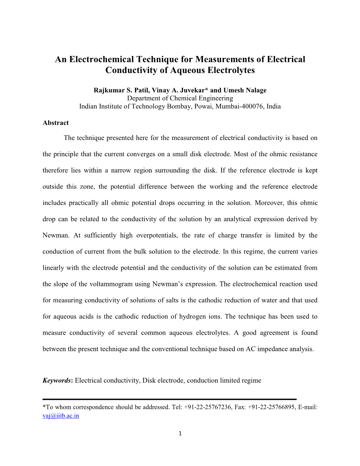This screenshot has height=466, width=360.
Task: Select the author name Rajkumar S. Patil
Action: (x=119, y=90)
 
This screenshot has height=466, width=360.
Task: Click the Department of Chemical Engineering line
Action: (x=180, y=98)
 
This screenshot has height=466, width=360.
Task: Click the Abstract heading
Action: (x=56, y=123)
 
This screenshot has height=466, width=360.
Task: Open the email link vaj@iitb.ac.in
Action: (x=61, y=416)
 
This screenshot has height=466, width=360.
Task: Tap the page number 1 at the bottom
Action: (x=180, y=433)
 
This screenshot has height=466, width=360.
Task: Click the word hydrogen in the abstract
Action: (x=189, y=317)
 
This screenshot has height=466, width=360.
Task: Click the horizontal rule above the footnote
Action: (x=169, y=399)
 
